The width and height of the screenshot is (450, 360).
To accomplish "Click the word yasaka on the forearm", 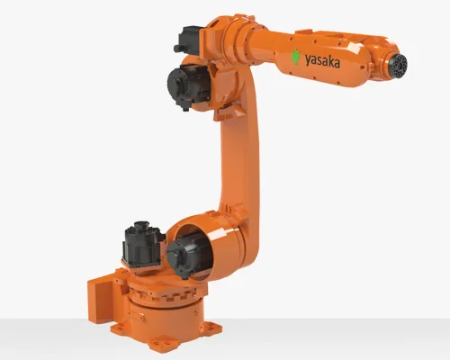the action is pos(322,61).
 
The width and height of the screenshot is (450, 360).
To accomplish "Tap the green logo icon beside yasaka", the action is pos(296,57).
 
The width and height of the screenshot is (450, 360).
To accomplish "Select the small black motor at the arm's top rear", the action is pos(186,40).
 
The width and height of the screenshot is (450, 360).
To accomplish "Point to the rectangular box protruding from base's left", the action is pos(101,295).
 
